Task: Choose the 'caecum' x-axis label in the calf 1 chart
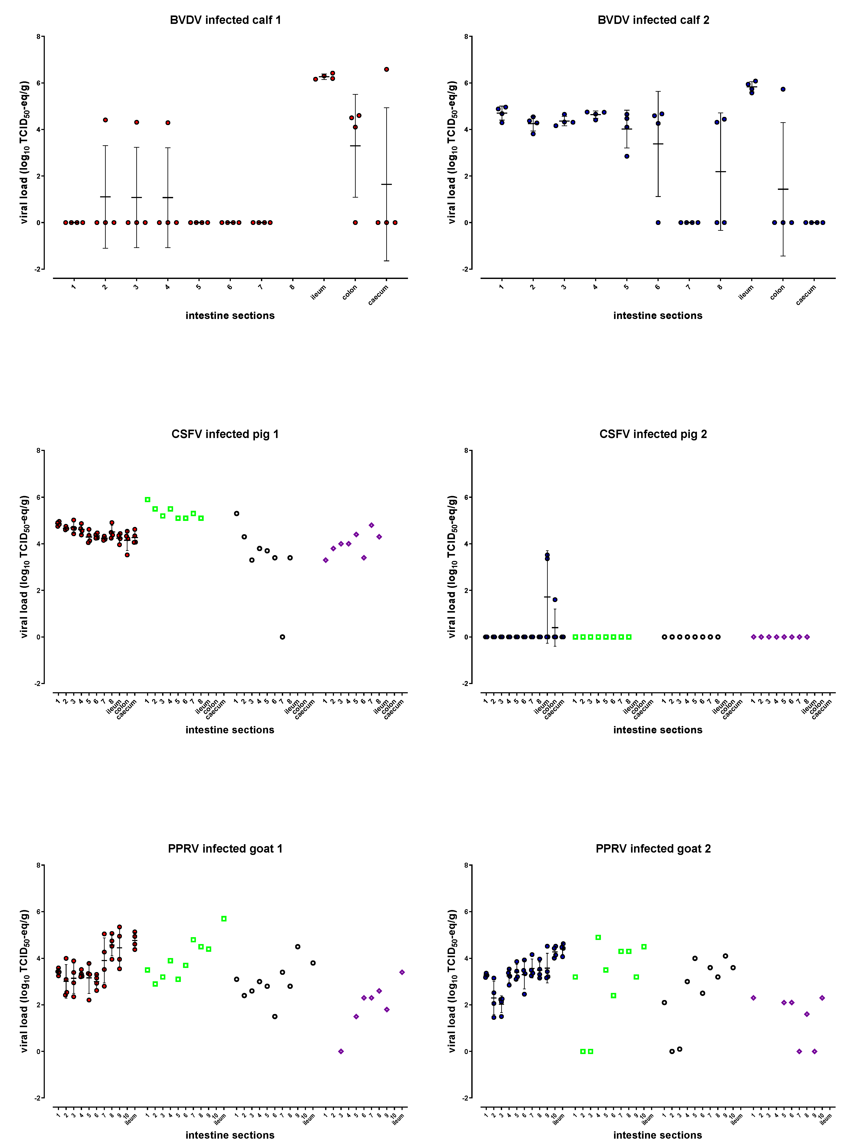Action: [378, 295]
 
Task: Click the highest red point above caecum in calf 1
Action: [387, 69]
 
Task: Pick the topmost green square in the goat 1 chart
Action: [224, 918]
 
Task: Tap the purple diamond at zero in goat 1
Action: [341, 1051]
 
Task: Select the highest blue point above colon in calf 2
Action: [783, 89]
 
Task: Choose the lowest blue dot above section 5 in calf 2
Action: [627, 156]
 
